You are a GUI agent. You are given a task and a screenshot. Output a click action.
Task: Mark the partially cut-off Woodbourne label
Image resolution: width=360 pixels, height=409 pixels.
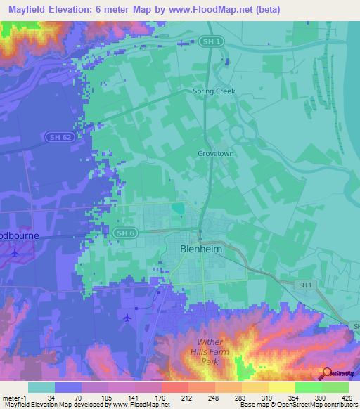pyautogui.click(x=20, y=235)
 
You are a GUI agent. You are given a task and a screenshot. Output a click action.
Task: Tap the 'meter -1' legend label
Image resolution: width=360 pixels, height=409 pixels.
pyautogui.click(x=12, y=397)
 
